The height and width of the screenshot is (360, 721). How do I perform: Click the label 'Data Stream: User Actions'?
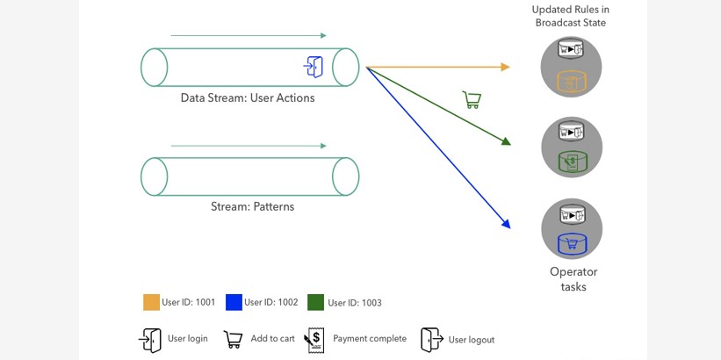coord(247,98)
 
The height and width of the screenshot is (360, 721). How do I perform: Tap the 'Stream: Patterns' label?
coord(252,207)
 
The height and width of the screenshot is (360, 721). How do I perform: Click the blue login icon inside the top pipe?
coord(314,67)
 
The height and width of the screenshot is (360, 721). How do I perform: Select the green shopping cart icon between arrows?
coord(472,100)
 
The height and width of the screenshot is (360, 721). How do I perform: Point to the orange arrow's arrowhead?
coord(505,67)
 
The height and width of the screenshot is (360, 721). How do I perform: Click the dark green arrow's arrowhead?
coord(506,140)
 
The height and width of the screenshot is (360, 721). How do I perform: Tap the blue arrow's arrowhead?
coord(506,224)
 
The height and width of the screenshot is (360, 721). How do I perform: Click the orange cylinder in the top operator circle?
coord(571,82)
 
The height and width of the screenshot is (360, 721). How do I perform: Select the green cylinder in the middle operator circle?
coord(571,162)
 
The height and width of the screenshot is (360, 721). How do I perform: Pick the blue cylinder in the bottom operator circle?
coord(571,242)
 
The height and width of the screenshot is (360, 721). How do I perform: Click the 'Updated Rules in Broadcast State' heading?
coord(571,16)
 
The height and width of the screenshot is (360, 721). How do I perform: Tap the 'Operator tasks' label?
coord(573,279)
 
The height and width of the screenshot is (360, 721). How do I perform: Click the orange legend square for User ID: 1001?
coord(152,302)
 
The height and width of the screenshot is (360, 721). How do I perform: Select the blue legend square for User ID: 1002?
coord(234,302)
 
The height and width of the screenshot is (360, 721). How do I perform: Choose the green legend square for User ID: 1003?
coord(316,302)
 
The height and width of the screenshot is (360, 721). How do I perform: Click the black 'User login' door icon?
coord(150,340)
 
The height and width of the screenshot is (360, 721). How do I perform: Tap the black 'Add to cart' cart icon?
coord(233,339)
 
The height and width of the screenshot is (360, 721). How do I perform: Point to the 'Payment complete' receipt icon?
coord(314,340)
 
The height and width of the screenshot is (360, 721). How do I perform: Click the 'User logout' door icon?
coord(431,340)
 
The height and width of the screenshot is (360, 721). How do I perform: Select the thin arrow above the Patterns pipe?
coord(249,146)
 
